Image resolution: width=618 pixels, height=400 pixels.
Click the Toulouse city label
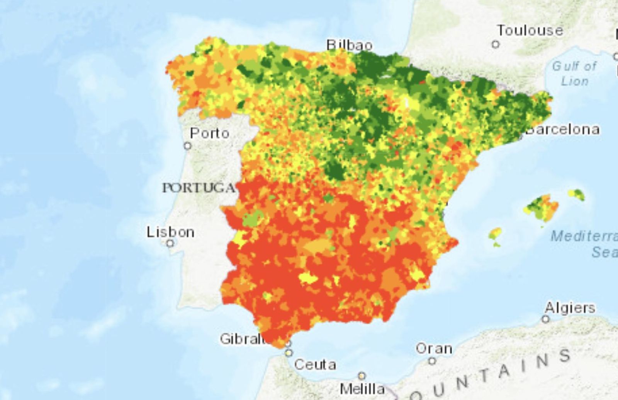530,31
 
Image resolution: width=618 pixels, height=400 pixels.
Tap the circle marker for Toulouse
496,44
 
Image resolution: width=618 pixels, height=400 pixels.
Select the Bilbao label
350,45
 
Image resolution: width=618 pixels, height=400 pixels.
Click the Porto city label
210,133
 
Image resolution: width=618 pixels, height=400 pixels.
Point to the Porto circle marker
188,146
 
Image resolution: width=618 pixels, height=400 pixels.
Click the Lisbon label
170,232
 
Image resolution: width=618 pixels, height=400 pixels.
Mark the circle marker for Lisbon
170,243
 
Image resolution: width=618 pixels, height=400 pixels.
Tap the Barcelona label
563,129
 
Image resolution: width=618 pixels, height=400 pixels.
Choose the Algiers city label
570,308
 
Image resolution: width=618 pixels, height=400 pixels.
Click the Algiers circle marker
545,319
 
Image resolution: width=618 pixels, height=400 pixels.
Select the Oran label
434,349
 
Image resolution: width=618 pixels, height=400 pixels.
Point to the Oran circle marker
432,361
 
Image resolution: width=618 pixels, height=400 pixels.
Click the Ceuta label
315,364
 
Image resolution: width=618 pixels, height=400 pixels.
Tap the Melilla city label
362,388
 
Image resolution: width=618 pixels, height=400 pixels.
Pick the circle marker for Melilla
362,376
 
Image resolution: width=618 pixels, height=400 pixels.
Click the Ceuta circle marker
289,353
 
